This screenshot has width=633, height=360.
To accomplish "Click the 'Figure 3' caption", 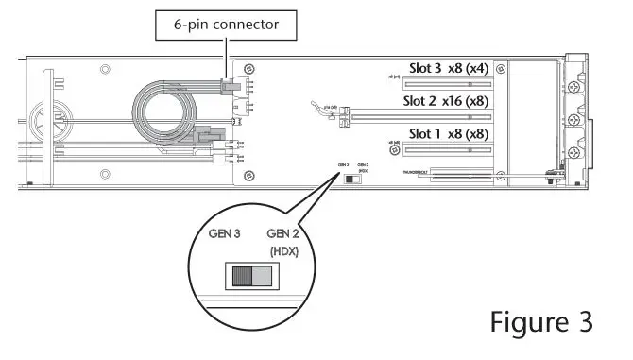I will coord(541,321).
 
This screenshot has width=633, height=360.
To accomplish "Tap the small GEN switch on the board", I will coord(351,178).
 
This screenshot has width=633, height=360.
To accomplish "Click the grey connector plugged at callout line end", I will coord(230,86).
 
